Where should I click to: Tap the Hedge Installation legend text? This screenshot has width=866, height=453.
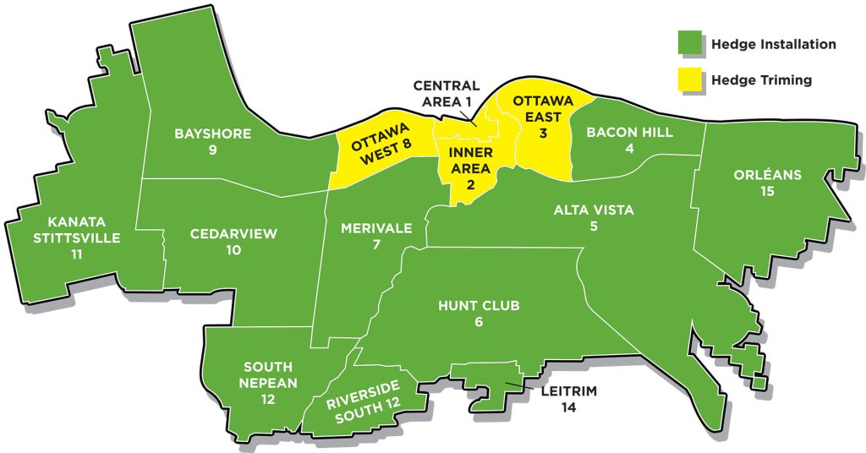[774, 44]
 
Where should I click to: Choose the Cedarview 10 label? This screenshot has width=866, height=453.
[233, 242]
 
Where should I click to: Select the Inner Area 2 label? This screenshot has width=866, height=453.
[464, 166]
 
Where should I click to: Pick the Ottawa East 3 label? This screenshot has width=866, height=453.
[543, 116]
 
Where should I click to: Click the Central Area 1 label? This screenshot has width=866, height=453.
[447, 94]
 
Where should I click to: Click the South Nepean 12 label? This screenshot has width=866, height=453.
[268, 382]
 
